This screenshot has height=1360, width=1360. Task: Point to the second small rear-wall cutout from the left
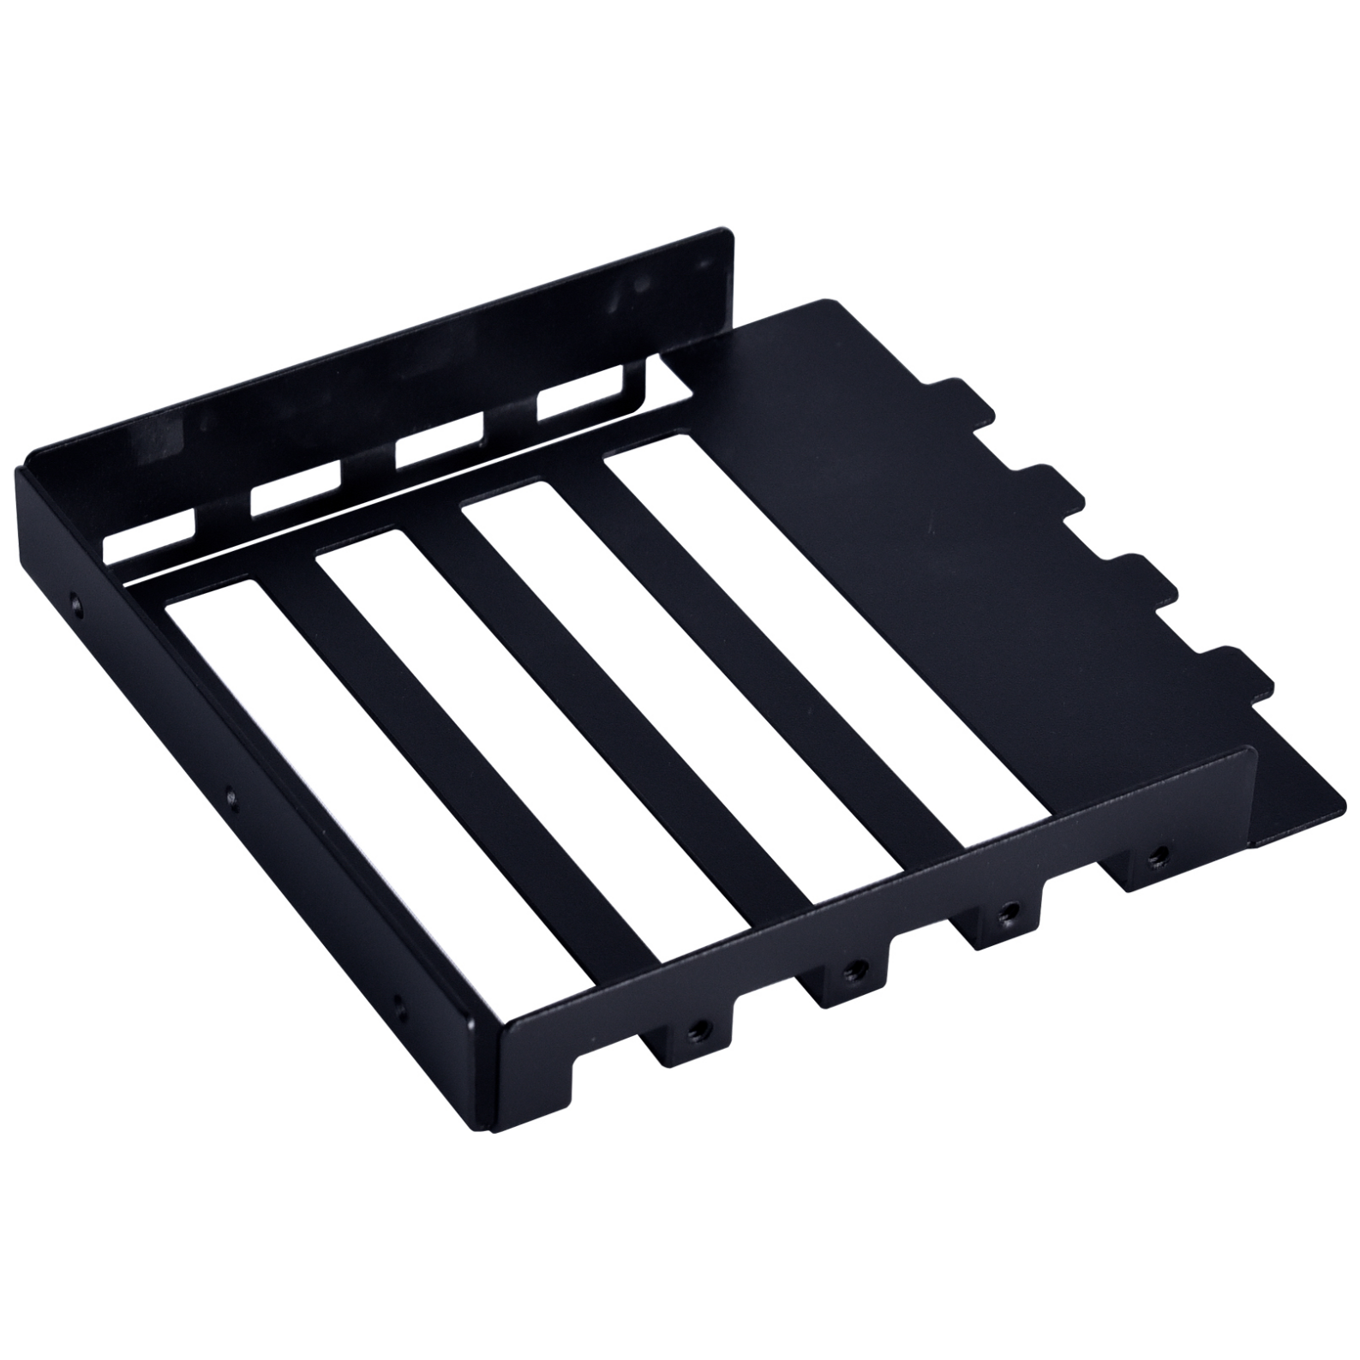click(x=297, y=492)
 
